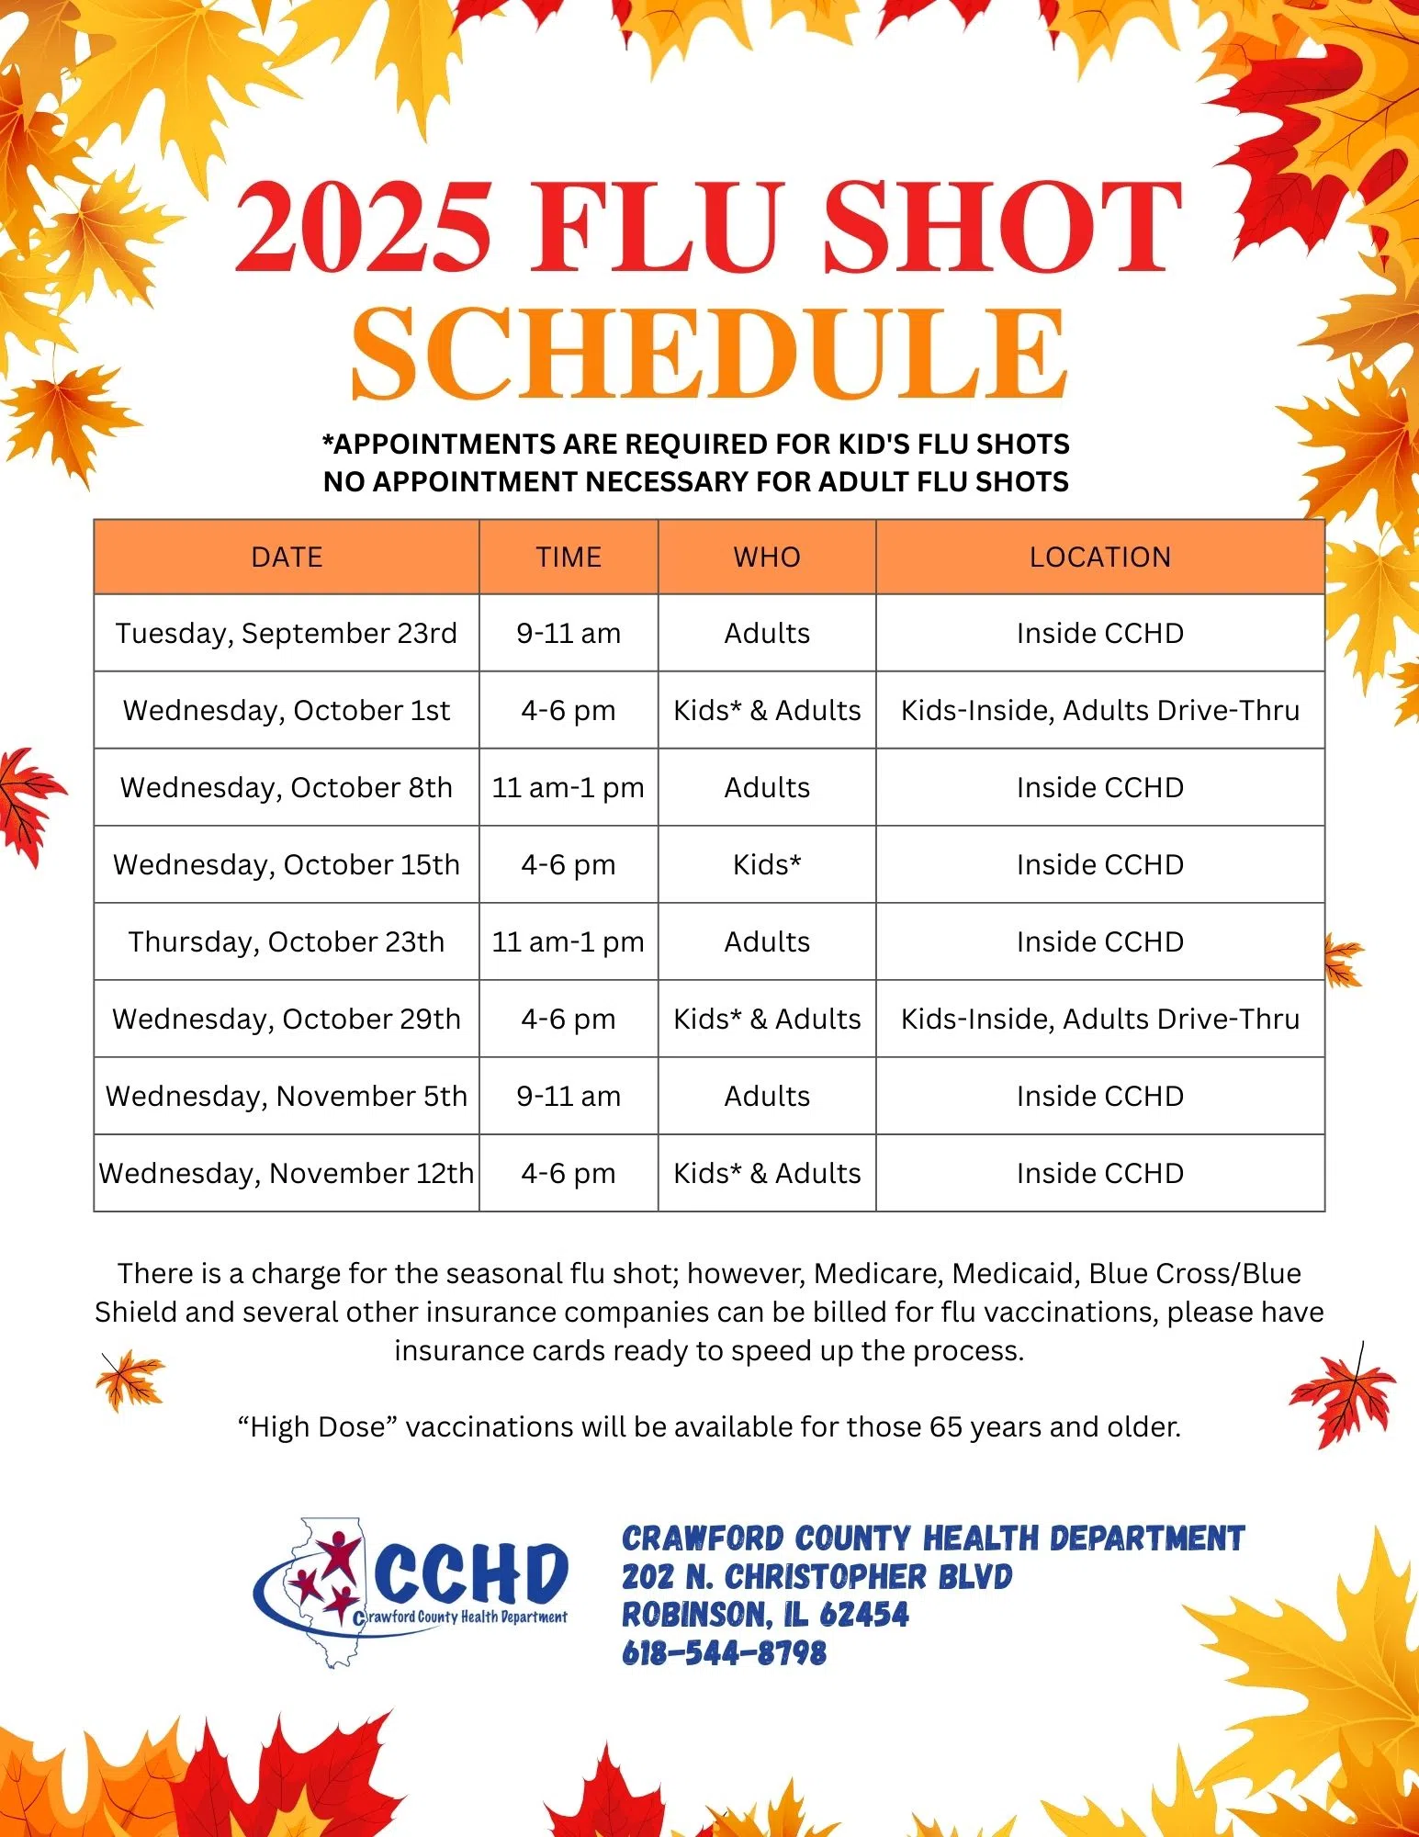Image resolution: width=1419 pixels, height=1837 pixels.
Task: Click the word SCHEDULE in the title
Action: click(708, 354)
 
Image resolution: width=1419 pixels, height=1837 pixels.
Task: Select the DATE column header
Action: click(287, 558)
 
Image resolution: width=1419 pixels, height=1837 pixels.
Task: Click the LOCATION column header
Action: click(1099, 558)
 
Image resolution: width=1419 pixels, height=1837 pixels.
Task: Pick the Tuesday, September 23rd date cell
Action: click(287, 634)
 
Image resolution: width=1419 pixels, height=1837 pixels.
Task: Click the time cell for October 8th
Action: click(569, 788)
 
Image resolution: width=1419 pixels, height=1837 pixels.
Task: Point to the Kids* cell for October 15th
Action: click(767, 865)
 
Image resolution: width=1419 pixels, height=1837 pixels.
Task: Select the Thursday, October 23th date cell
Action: click(287, 942)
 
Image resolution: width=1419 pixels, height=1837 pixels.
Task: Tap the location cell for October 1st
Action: click(1099, 711)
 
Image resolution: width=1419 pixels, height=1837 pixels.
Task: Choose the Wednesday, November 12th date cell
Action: click(287, 1174)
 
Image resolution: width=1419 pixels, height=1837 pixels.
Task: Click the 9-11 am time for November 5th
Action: click(569, 1097)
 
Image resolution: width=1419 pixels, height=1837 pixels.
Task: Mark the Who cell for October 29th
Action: click(767, 1020)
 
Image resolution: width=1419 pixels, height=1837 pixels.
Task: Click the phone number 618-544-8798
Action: click(724, 1653)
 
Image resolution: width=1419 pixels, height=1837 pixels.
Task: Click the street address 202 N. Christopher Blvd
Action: click(816, 1577)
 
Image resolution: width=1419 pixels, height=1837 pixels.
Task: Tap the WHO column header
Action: click(767, 558)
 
